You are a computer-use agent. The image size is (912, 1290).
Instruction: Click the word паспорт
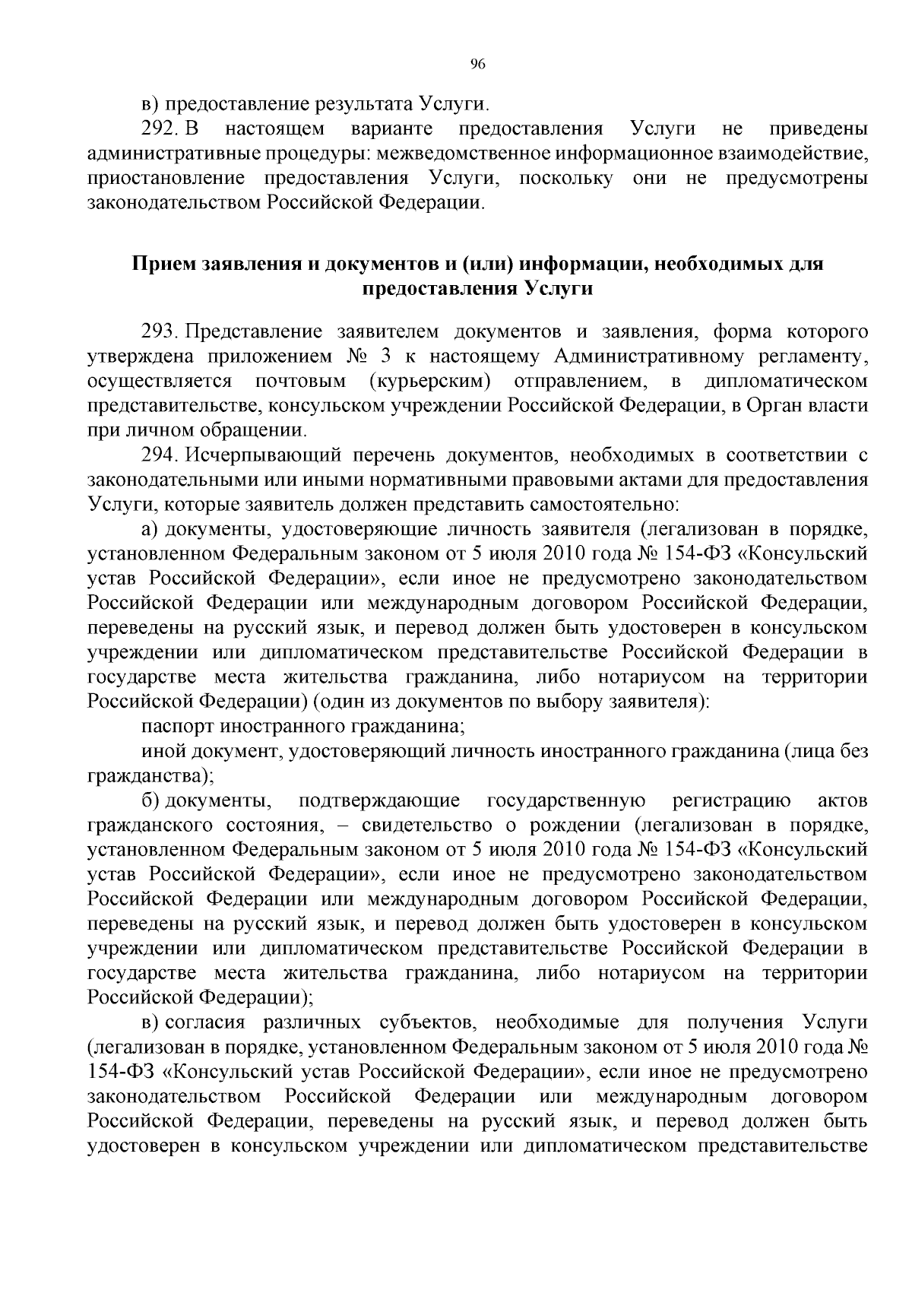tap(174, 726)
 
